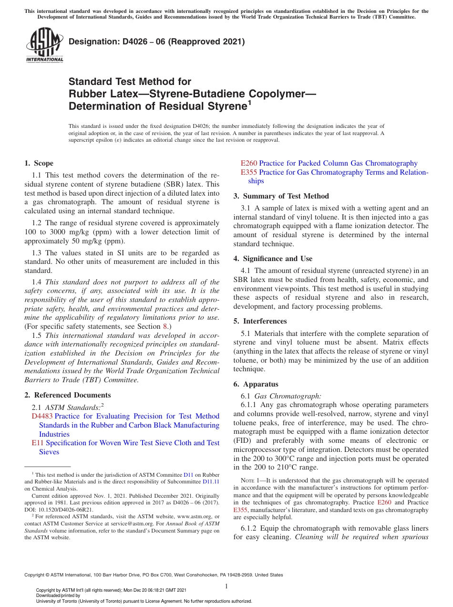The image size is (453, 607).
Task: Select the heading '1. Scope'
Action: (x=39, y=163)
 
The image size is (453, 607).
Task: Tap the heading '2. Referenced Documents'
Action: (x=67, y=395)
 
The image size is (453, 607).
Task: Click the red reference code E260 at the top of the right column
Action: (x=249, y=163)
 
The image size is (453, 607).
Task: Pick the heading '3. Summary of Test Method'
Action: (x=281, y=196)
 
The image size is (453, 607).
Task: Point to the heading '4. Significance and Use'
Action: (x=273, y=259)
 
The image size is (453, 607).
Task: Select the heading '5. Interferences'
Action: (x=260, y=321)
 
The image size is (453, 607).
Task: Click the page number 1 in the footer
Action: (x=226, y=586)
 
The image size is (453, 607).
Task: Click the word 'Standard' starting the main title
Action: (x=88, y=82)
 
